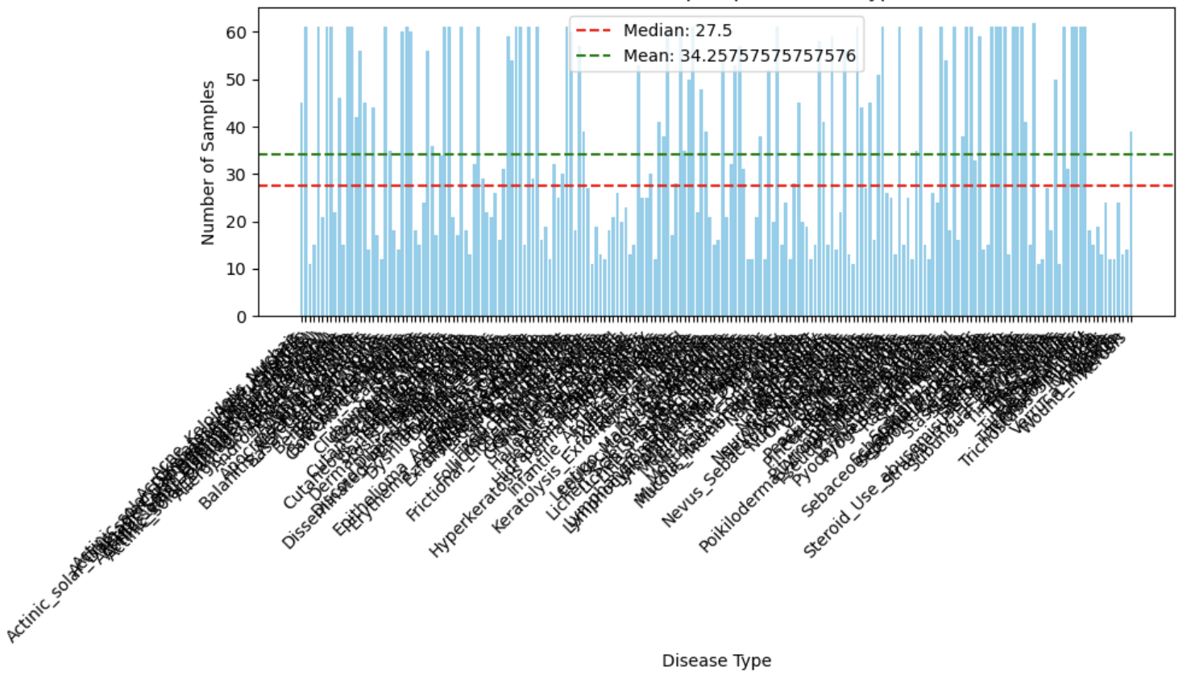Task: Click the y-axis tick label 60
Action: (236, 32)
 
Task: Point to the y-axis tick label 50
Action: (236, 80)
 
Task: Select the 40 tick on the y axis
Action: (236, 127)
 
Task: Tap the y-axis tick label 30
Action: (236, 175)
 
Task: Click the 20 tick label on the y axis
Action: (236, 222)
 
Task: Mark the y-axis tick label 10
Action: (236, 269)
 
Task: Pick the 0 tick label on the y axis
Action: (241, 317)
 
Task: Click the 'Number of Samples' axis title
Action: (208, 162)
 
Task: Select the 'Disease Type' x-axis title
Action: (716, 660)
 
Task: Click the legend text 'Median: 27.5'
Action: (677, 31)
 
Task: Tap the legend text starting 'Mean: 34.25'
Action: (739, 56)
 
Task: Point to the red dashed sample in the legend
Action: (594, 31)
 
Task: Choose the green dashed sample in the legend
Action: (594, 56)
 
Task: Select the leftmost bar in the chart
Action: (301, 209)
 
